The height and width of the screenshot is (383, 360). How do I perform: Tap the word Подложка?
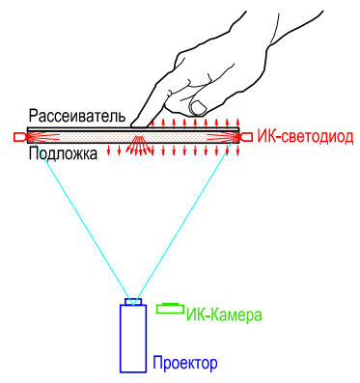[63, 154]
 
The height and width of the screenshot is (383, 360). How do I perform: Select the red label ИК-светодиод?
[305, 138]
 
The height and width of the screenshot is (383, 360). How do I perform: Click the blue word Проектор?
[185, 363]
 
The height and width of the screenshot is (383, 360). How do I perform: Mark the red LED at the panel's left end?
[20, 137]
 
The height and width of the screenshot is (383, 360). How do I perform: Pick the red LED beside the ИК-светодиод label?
[246, 137]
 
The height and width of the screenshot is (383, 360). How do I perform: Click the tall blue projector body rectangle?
[133, 338]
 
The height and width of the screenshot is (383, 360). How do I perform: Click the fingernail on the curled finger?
[199, 103]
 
